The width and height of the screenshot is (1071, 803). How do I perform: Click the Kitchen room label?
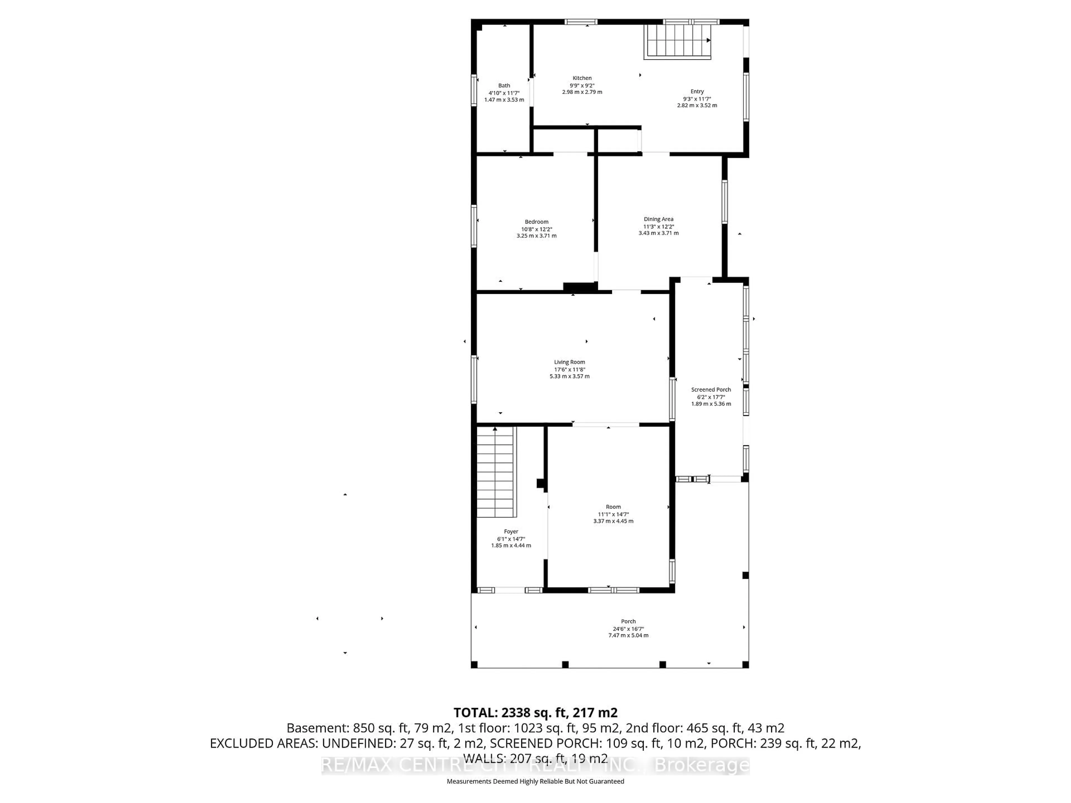coord(582,78)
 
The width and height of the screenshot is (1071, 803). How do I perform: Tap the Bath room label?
coord(504,86)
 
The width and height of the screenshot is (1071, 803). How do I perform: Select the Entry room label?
coord(697,91)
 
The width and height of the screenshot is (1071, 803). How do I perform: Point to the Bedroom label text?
coord(536,222)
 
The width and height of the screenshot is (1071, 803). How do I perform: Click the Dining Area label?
coord(658,219)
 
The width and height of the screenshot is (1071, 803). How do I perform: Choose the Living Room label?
coord(570,362)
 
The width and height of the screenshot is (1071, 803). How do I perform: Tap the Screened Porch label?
coord(711,390)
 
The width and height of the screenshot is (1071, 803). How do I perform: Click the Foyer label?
coord(511,531)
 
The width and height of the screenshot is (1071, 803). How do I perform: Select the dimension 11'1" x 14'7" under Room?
coord(613,514)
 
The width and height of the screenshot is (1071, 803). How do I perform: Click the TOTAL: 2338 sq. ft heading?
coord(535,712)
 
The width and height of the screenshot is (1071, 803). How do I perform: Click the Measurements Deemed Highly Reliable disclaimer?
coord(535,781)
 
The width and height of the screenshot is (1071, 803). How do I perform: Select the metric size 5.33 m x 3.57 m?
coord(570,376)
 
